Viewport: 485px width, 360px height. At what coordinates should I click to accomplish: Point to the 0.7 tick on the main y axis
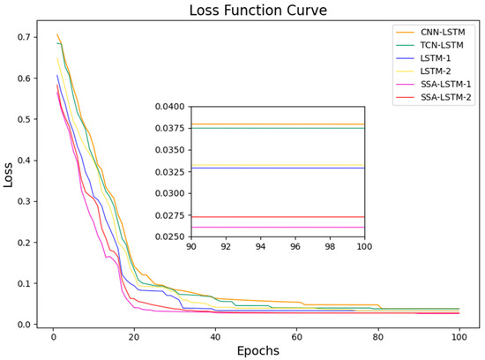pos(29,38)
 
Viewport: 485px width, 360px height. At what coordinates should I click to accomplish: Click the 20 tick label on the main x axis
pos(133,336)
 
